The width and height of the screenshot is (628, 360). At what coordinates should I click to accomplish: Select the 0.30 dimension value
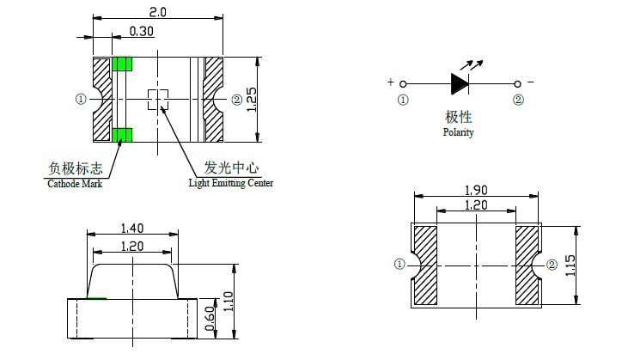(x=142, y=31)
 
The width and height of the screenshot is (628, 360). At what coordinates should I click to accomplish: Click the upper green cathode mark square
(x=123, y=64)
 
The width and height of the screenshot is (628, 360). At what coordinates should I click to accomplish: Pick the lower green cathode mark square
(x=122, y=134)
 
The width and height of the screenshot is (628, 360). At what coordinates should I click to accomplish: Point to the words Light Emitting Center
(x=231, y=183)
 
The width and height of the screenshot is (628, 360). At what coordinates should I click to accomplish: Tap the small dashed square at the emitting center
(x=157, y=99)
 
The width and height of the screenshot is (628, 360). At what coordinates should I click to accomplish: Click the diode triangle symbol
(x=460, y=83)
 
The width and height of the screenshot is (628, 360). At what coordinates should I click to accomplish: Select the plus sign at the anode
(x=391, y=82)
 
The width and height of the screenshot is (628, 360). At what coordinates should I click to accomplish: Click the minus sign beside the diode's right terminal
(x=530, y=82)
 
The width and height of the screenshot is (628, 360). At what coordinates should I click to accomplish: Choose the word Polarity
(x=458, y=133)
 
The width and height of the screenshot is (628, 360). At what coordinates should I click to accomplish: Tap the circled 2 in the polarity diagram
(x=518, y=100)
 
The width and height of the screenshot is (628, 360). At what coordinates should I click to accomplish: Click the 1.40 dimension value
(x=132, y=228)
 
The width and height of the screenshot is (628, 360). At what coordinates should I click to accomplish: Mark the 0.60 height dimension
(x=210, y=319)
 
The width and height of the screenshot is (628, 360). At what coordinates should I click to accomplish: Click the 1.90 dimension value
(x=477, y=189)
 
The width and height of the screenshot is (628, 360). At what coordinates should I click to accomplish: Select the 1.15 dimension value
(x=570, y=265)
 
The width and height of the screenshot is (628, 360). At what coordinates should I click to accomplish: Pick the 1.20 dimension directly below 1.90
(x=477, y=205)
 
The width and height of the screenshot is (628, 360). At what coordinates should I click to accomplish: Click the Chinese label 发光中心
(x=231, y=168)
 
